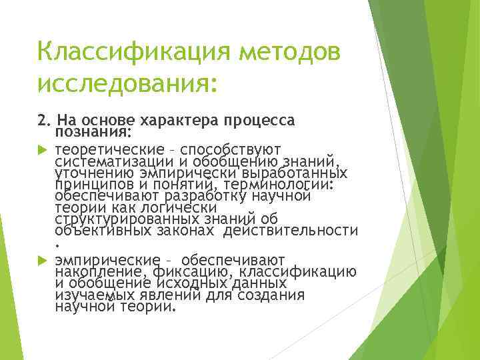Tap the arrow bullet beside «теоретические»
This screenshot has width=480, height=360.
[x=44, y=149]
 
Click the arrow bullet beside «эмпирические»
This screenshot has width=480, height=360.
[x=44, y=259]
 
